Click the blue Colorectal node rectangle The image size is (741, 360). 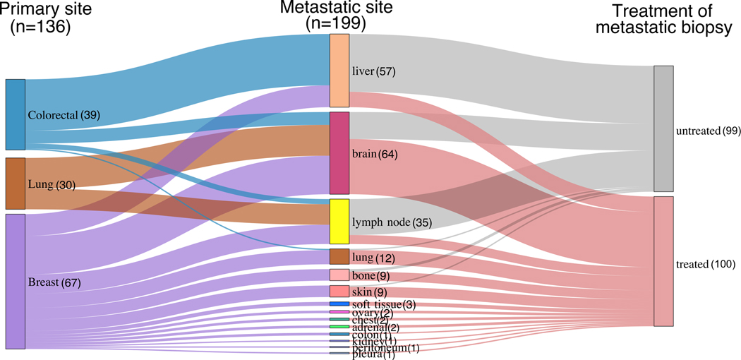[x=16, y=114]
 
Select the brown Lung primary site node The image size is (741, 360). [x=16, y=184]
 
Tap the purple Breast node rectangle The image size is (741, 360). [x=16, y=281]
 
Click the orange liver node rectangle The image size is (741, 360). [x=339, y=71]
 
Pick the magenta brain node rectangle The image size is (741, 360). [x=339, y=152]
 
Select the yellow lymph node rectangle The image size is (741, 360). [x=339, y=222]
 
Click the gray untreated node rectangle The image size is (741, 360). [x=663, y=128]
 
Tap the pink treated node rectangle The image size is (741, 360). [x=663, y=261]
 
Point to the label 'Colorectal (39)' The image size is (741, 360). [x=64, y=115]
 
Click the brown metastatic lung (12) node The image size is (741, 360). [x=339, y=256]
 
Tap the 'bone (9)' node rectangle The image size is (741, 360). [x=339, y=275]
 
